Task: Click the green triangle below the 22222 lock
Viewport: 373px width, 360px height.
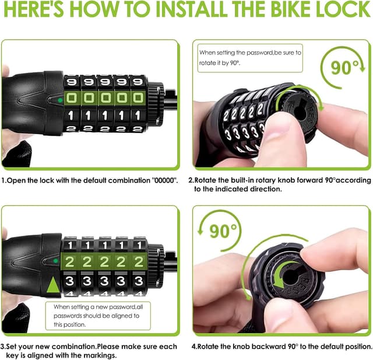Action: [x=53, y=286]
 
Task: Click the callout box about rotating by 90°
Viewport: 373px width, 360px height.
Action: [x=249, y=57]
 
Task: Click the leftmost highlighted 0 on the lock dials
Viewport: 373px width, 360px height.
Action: [x=72, y=97]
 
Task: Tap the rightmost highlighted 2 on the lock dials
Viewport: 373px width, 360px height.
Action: [x=138, y=261]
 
